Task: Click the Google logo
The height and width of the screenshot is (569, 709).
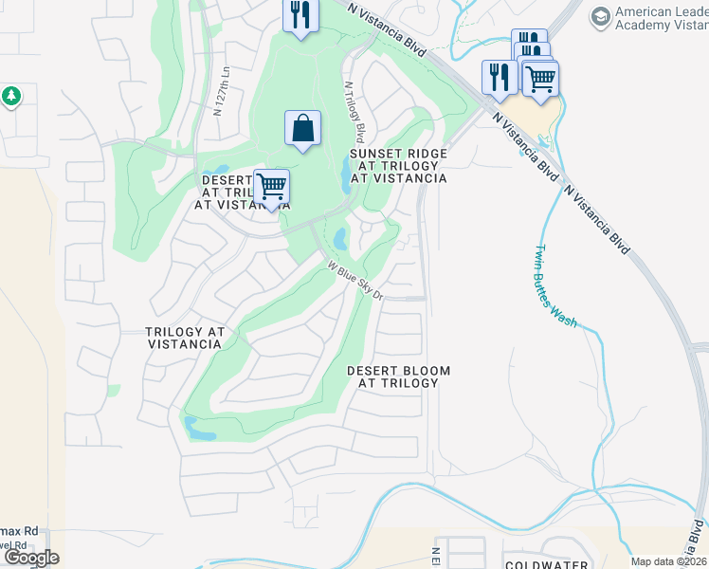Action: point(30,558)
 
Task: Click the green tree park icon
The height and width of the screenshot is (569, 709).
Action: point(10,96)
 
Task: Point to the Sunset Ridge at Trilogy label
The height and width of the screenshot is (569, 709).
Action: point(398,165)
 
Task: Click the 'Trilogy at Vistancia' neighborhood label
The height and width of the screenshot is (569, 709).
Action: point(185,338)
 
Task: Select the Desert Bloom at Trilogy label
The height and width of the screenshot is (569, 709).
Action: point(398,376)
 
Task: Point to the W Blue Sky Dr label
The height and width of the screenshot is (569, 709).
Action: point(354,281)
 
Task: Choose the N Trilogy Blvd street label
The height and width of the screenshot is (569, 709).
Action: point(354,109)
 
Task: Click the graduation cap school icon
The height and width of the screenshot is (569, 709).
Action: point(600,16)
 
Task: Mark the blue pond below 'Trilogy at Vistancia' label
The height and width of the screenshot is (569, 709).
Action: point(201,430)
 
